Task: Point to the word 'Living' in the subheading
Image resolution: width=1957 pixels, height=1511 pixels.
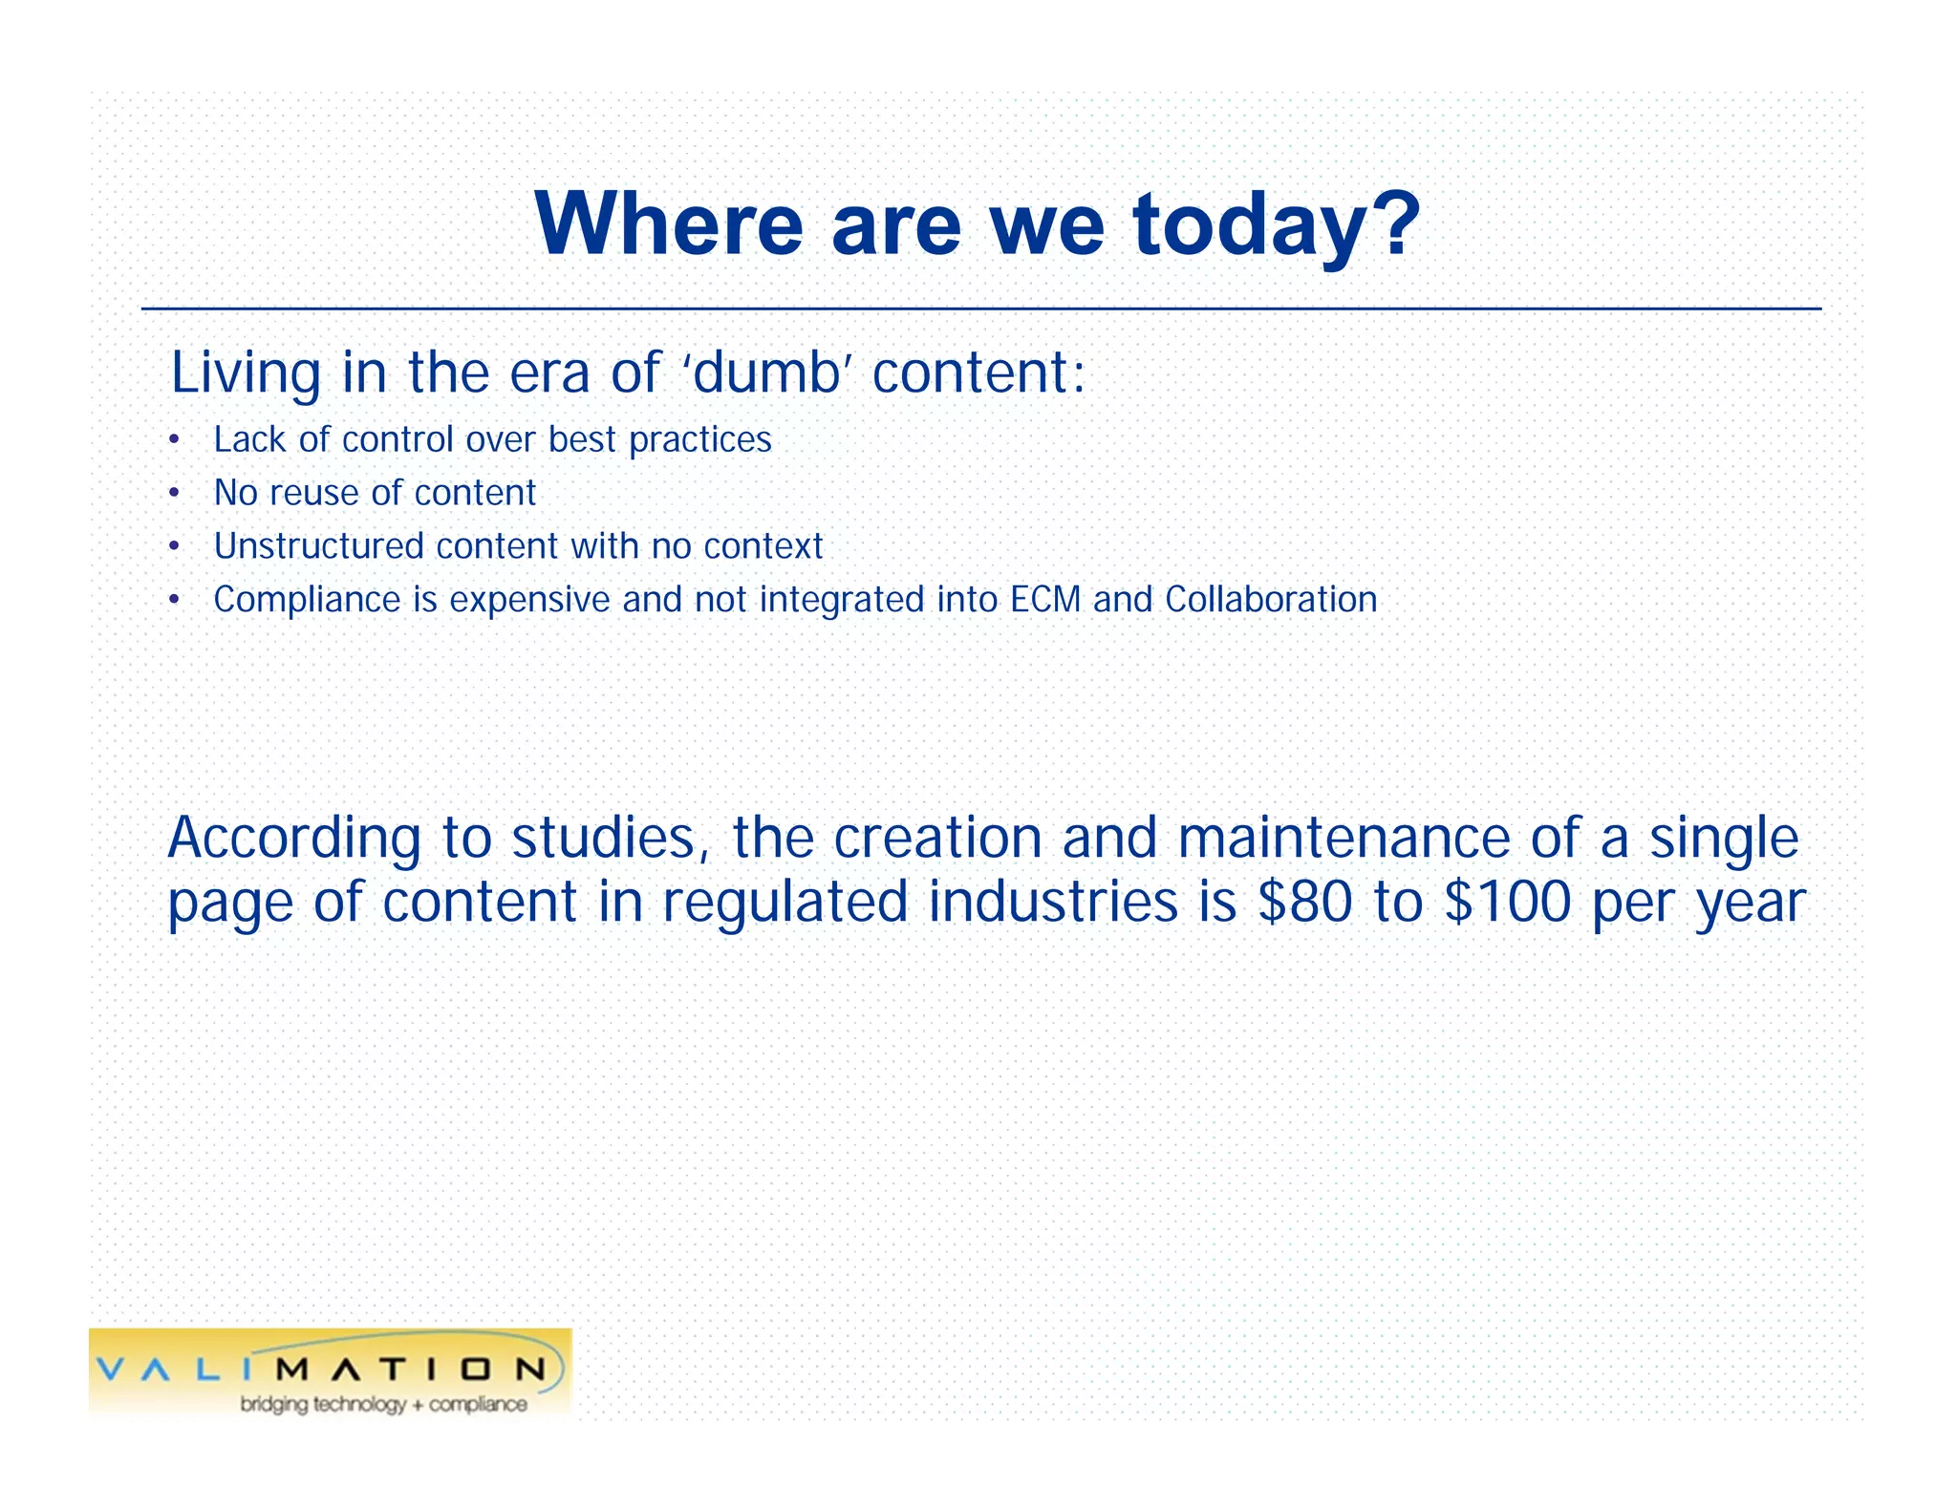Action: [246, 373]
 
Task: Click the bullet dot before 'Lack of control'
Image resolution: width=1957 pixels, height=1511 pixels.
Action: [173, 441]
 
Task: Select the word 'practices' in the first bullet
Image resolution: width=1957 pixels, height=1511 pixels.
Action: [699, 440]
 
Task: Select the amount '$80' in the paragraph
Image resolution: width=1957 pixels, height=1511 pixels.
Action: [1304, 902]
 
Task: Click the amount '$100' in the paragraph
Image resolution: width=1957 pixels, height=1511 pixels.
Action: [1507, 902]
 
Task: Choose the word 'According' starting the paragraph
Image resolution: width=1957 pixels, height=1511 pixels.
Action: [293, 839]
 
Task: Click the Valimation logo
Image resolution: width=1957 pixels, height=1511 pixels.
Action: [330, 1370]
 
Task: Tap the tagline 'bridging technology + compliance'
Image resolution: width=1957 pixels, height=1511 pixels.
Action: [383, 1404]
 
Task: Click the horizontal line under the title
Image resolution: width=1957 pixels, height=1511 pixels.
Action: [980, 309]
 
